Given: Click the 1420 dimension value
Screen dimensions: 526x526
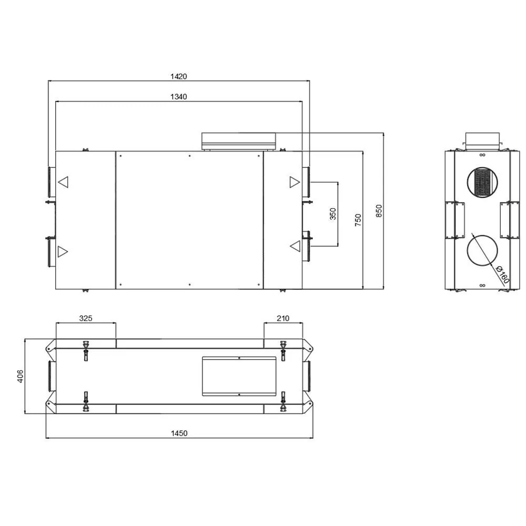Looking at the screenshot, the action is [178, 76].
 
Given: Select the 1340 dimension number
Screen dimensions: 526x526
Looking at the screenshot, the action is [178, 97].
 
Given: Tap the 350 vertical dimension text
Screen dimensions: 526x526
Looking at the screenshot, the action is [333, 214].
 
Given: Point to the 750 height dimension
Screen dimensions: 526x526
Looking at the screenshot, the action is [358, 220].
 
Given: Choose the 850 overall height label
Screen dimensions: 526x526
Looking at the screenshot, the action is [379, 211].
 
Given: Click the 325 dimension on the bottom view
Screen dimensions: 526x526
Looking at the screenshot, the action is [86, 318].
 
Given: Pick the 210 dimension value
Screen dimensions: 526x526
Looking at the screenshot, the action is [283, 318].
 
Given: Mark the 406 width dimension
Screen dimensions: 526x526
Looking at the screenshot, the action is [21, 377].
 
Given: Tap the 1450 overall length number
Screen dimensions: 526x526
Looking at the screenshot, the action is [179, 433].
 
